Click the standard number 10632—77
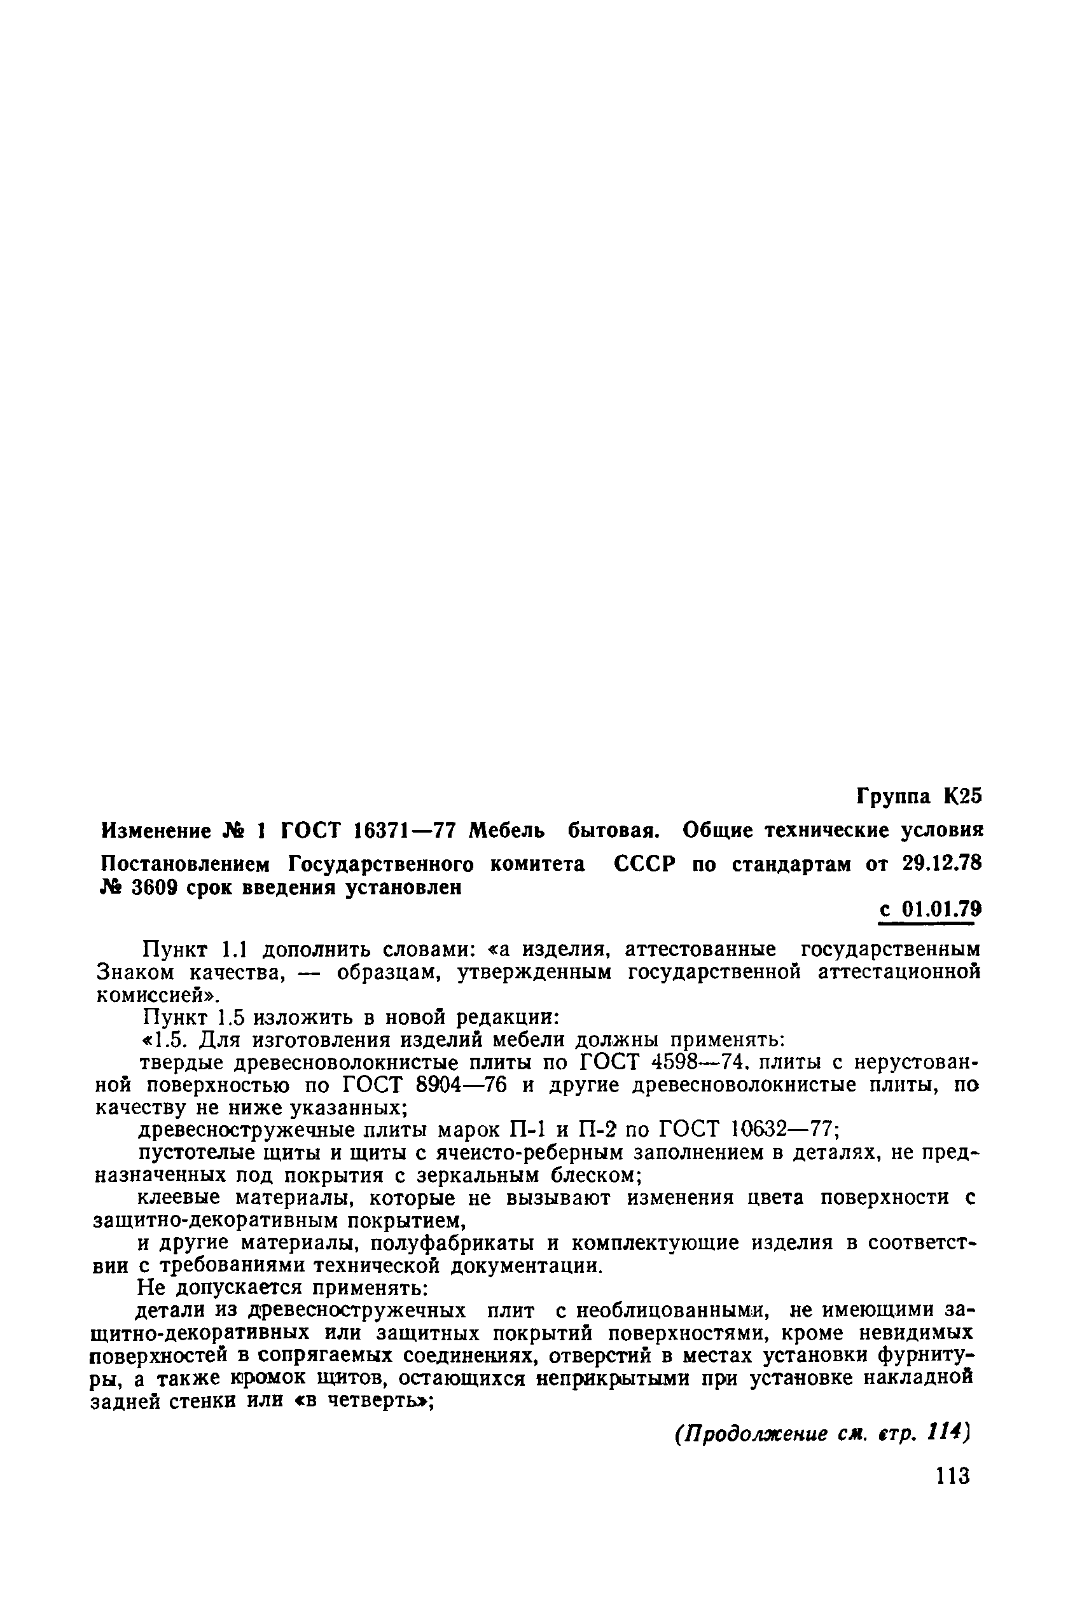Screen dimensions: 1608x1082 784,1130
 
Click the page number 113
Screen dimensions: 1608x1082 952,1476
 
